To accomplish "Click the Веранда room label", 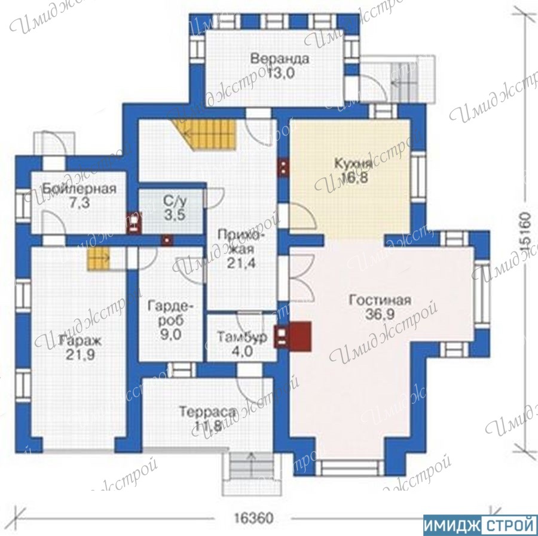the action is coord(280,58).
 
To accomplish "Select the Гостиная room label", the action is coord(380,300).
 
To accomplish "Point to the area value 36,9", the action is coord(380,315).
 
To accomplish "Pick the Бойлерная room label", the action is coord(80,189).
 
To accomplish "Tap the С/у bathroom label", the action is coord(175,201).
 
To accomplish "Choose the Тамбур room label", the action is coord(243,337).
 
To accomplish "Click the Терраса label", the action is coord(208,411).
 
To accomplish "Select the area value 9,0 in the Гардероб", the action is coord(170,335).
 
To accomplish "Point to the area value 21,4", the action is coord(242,263).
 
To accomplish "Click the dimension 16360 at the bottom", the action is coord(253,518).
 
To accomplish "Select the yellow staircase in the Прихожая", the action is coord(206,135).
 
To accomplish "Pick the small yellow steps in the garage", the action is coord(98,258).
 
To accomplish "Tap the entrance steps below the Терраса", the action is coord(252,474).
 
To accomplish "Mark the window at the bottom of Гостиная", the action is coord(349,468).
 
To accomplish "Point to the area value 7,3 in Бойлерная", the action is coord(80,203).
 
